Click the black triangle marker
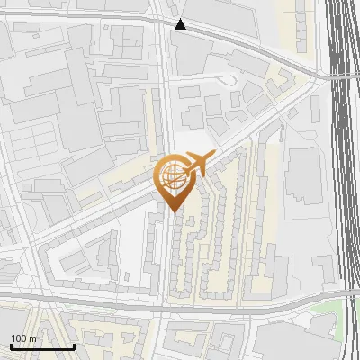pyautogui.click(x=181, y=24)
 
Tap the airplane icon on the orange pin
pyautogui.click(x=199, y=163)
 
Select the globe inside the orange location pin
pyautogui.click(x=172, y=175)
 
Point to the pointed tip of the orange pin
pyautogui.click(x=172, y=211)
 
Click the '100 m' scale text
pyautogui.click(x=24, y=337)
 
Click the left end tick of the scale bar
pyautogui.click(x=11, y=344)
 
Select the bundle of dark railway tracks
pyautogui.click(x=345, y=135)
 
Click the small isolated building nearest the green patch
pyautogui.click(x=322, y=263)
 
